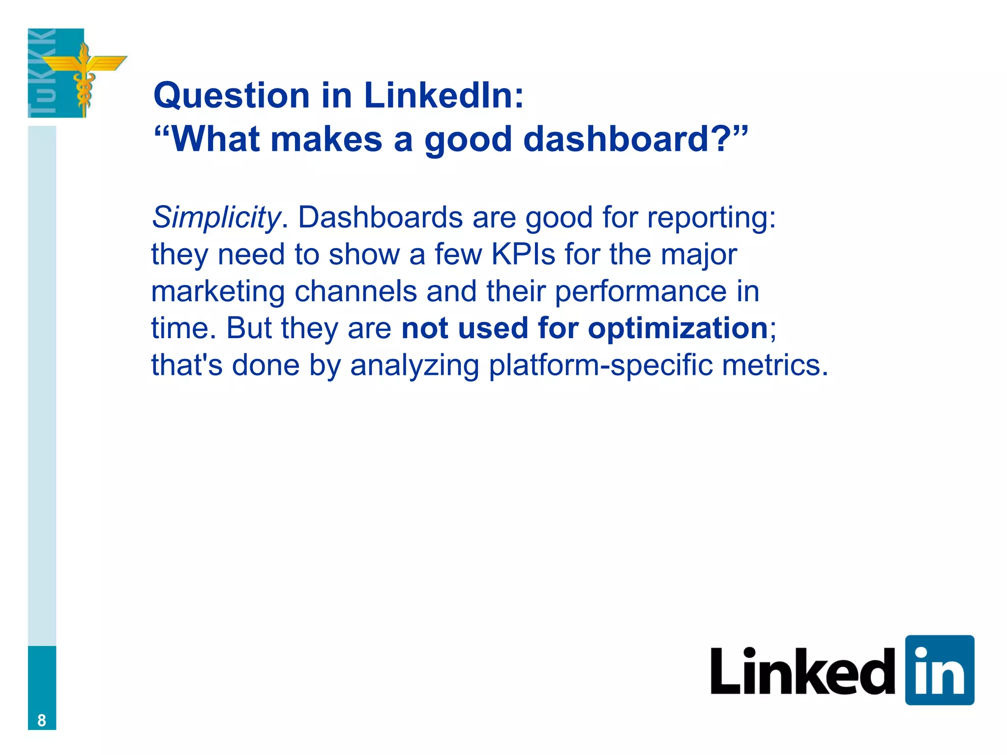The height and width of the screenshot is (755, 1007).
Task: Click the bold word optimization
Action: point(678,328)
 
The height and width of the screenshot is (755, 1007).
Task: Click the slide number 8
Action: point(42,720)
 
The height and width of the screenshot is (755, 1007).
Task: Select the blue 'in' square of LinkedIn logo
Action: point(939,670)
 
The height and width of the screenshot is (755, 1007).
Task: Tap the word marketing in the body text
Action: point(218,291)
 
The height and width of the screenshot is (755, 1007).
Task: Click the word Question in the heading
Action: point(232,95)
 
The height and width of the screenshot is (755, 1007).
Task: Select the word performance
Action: point(640,291)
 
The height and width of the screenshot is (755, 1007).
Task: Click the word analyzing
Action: point(415,365)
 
